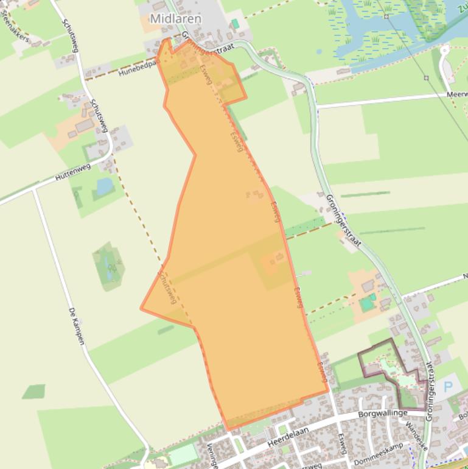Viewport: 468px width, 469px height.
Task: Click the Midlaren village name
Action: tap(175, 19)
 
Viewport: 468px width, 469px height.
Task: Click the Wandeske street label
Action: tap(417, 435)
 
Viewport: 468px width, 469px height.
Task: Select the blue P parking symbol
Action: tap(449, 387)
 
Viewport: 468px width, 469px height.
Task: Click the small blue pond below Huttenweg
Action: tap(105, 185)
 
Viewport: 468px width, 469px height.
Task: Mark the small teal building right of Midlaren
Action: tap(235, 23)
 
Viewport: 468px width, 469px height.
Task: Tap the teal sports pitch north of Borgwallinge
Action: tap(368, 302)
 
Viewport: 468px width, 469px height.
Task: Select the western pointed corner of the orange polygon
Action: tap(142, 308)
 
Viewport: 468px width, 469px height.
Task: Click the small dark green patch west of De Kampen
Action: tap(34, 391)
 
